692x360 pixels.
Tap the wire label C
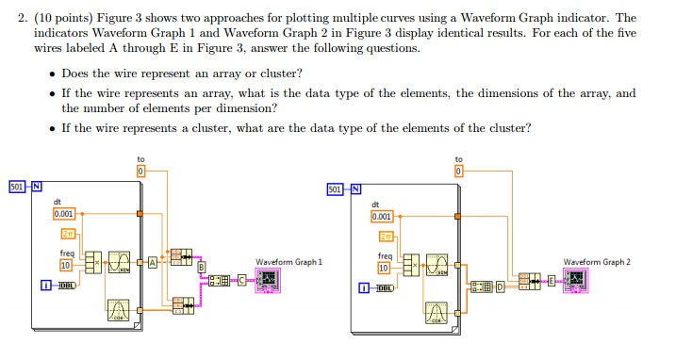(241, 280)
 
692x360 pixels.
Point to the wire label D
(500, 280)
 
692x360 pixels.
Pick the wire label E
(552, 280)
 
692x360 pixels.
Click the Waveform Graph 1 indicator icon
(269, 281)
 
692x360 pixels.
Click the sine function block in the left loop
(119, 261)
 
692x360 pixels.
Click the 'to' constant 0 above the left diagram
(141, 173)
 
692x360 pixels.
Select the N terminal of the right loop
(355, 188)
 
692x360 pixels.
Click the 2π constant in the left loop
(69, 234)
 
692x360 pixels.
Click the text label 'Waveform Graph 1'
(289, 262)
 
